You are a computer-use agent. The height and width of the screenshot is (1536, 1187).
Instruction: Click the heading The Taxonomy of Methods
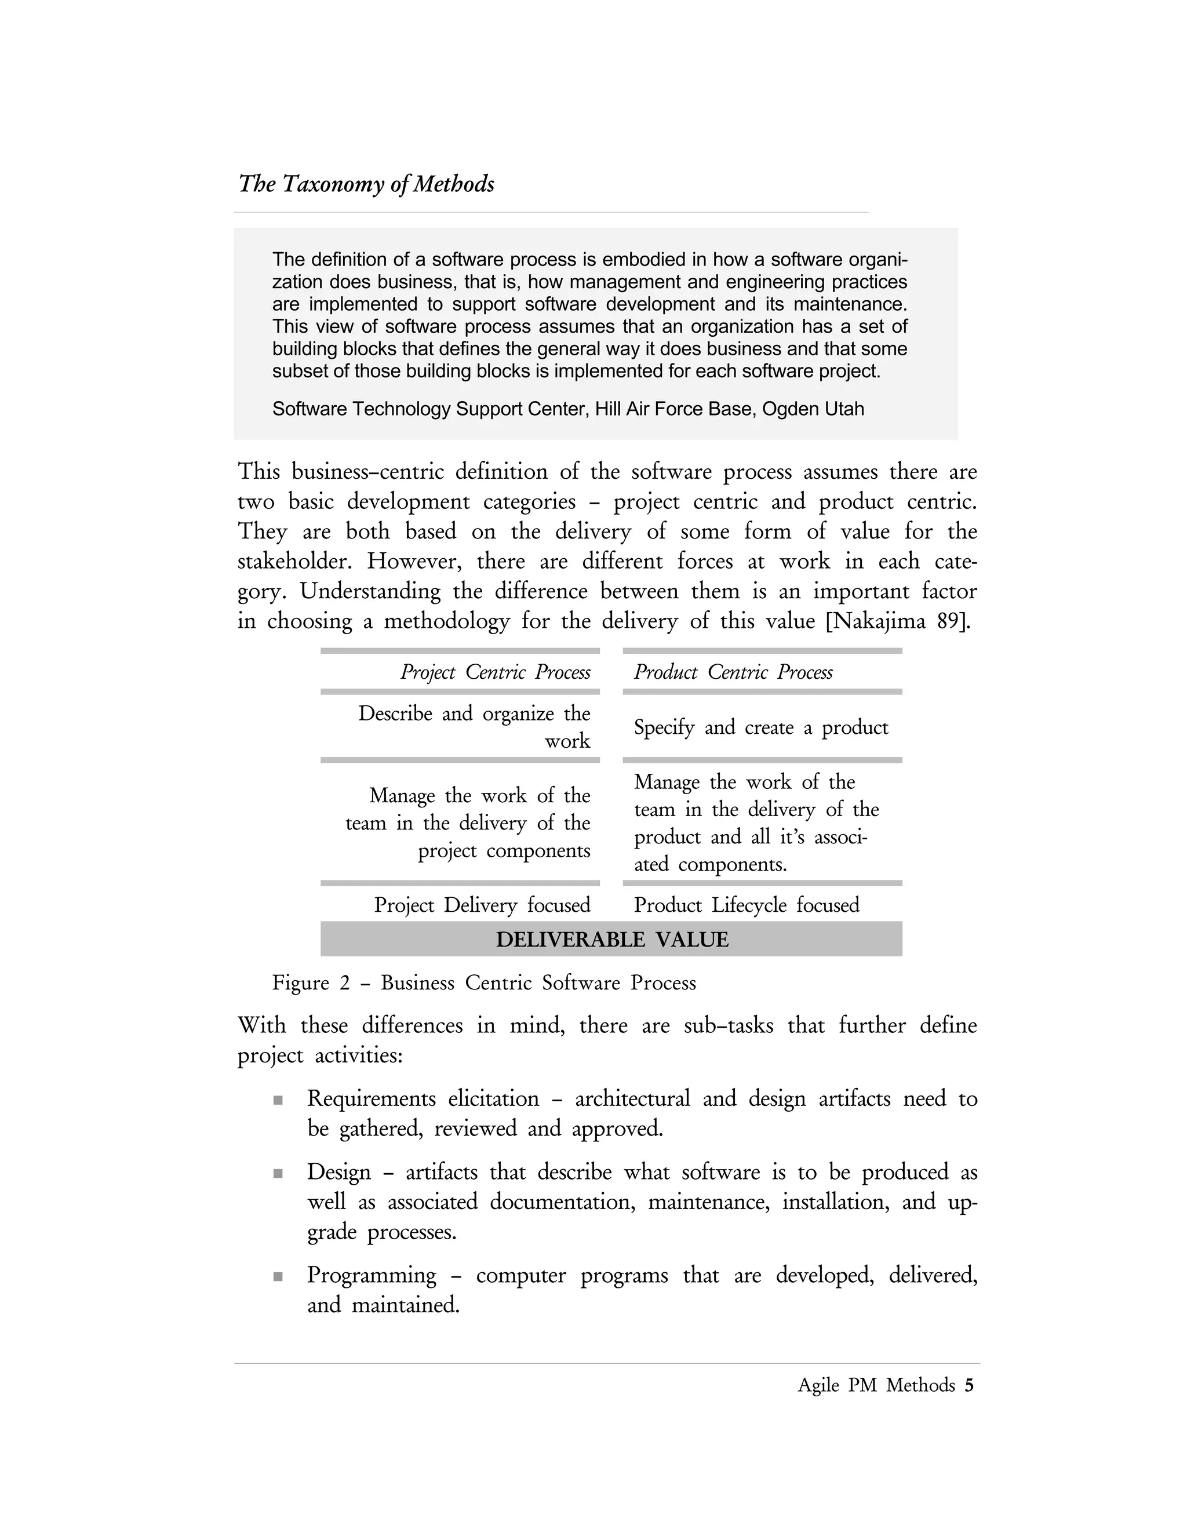pyautogui.click(x=366, y=184)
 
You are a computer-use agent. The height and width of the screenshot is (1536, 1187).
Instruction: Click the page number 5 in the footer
pyautogui.click(x=969, y=1385)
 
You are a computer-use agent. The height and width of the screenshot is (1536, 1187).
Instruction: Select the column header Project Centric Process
pyautogui.click(x=495, y=672)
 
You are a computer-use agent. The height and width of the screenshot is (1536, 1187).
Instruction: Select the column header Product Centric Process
pyautogui.click(x=733, y=672)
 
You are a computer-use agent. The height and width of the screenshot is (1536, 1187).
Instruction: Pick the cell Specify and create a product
pyautogui.click(x=761, y=727)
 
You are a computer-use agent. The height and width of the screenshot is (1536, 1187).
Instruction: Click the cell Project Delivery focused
pyautogui.click(x=482, y=905)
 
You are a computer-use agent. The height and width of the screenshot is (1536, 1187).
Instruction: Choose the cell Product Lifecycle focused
pyautogui.click(x=746, y=905)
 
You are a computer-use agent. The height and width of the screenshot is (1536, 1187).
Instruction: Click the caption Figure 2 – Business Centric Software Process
pyautogui.click(x=484, y=983)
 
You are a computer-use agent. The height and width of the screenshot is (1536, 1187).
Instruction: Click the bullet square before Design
pyautogui.click(x=278, y=1174)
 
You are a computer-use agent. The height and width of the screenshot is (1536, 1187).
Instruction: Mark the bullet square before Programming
pyautogui.click(x=278, y=1276)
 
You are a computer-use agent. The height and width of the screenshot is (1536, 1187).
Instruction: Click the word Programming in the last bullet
pyautogui.click(x=372, y=1276)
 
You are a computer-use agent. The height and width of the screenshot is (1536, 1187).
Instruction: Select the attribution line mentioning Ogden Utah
pyautogui.click(x=567, y=409)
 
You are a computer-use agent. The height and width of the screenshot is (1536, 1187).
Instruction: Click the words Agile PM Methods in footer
pyautogui.click(x=876, y=1385)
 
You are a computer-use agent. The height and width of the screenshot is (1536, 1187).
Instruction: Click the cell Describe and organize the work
pyautogui.click(x=474, y=727)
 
